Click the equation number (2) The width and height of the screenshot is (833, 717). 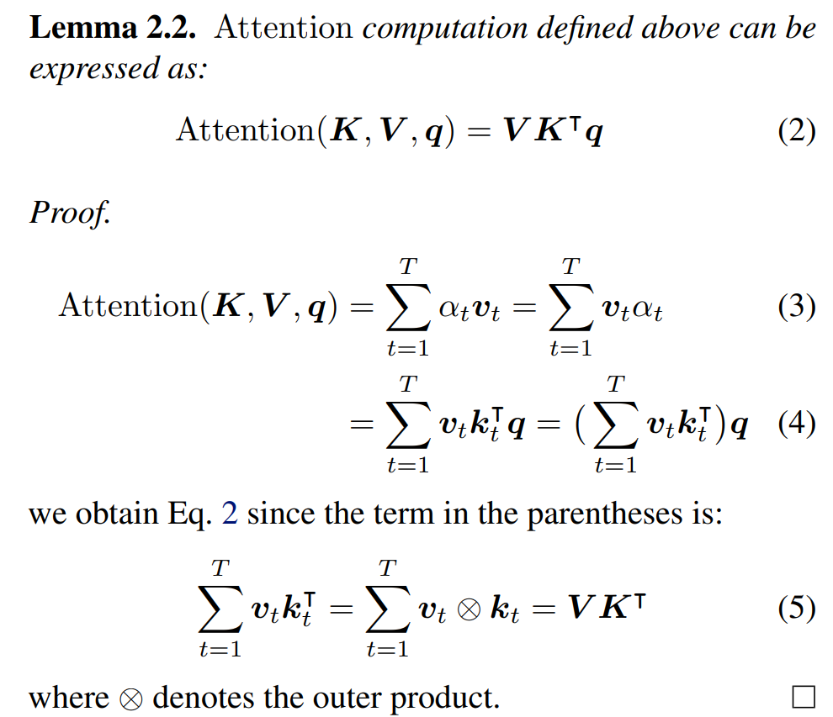click(796, 131)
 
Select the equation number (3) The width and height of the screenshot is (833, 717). click(796, 307)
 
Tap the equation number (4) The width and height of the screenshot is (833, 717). click(796, 424)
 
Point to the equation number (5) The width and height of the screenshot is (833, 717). click(796, 609)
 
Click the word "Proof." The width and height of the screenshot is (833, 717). click(70, 212)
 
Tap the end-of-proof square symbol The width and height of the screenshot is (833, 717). click(804, 697)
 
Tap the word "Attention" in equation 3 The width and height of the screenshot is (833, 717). click(126, 307)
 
